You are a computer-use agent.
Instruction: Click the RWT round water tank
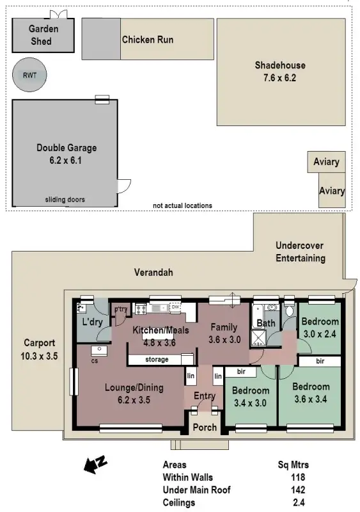[x=29, y=75]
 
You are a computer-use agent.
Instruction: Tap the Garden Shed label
[x=44, y=35]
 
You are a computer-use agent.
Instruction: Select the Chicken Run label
[x=148, y=40]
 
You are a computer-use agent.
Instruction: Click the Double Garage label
[x=67, y=148]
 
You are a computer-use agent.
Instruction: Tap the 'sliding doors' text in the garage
[x=65, y=200]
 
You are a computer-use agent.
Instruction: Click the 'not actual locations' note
[x=182, y=205]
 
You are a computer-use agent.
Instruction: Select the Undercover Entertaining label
[x=300, y=252]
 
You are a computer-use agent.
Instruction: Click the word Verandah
[x=153, y=273]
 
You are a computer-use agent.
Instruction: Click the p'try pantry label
[x=121, y=309]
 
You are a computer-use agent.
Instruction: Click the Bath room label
[x=265, y=323]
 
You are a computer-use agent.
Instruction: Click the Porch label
[x=205, y=427]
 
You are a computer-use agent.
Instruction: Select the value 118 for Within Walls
[x=297, y=477]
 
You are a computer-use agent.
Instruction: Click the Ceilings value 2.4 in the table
[x=298, y=502]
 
